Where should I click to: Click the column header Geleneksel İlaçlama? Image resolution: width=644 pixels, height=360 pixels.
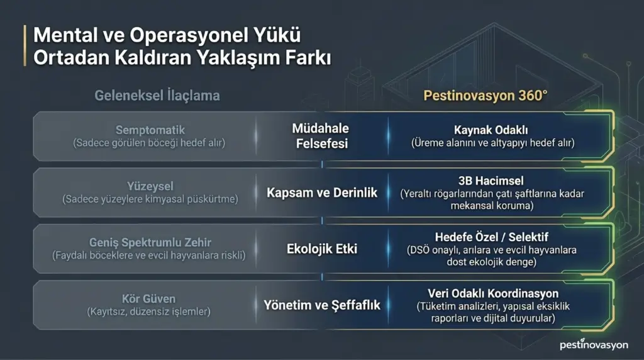[157, 96]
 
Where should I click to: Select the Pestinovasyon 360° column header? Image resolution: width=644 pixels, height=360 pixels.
[485, 96]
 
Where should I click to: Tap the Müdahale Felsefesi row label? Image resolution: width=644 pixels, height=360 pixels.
[321, 136]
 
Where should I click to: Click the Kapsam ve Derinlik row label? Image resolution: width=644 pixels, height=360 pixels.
[321, 193]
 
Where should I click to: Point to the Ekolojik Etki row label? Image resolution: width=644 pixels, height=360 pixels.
[321, 249]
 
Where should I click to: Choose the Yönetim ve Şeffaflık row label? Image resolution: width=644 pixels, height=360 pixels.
[321, 305]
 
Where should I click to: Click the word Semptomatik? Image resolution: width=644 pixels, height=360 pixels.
[150, 130]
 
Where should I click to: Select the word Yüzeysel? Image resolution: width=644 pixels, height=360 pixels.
[150, 186]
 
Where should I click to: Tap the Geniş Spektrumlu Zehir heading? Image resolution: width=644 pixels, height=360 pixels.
[150, 242]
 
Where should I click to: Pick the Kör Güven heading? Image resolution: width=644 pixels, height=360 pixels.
[148, 299]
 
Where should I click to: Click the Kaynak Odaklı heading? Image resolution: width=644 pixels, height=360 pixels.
[491, 130]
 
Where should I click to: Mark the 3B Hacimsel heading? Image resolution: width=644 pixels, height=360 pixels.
[491, 181]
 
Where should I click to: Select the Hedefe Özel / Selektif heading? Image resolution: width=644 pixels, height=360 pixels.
[491, 237]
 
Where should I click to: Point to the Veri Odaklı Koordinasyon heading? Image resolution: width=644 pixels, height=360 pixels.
[493, 293]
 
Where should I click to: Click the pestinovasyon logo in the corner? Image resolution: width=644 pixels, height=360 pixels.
[594, 344]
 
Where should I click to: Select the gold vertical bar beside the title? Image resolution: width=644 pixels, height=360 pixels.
[25, 45]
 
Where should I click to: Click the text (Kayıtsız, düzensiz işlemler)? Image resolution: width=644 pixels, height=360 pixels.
[148, 312]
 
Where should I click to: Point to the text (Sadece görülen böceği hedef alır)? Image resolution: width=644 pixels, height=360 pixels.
[149, 143]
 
